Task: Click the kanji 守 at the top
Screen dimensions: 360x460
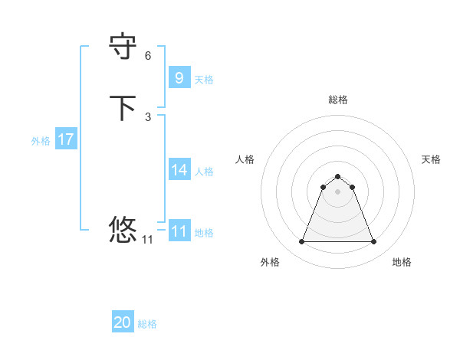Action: point(123,47)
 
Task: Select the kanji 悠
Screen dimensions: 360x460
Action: point(123,228)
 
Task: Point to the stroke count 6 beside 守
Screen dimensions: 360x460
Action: point(148,56)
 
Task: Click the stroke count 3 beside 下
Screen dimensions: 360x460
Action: point(148,116)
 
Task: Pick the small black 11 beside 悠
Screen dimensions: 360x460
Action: point(148,240)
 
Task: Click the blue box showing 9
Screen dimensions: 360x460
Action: point(179,77)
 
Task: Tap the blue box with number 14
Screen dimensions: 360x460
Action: point(179,170)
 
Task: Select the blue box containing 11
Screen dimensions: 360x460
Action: point(179,231)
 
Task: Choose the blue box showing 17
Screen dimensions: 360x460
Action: point(66,139)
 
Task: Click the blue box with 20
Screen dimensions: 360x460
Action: point(123,323)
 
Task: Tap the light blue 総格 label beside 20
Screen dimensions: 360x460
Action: point(147,324)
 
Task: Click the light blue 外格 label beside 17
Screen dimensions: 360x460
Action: point(41,141)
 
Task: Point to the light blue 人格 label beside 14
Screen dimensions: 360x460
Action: point(205,172)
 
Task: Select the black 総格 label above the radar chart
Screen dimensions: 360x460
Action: point(337,100)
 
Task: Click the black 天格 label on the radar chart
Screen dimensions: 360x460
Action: point(431,159)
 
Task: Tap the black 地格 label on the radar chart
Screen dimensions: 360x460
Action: point(402,262)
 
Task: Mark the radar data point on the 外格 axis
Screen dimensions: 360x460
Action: point(301,242)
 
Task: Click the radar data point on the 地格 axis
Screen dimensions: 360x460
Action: point(374,242)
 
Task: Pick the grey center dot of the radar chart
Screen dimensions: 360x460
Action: point(337,191)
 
